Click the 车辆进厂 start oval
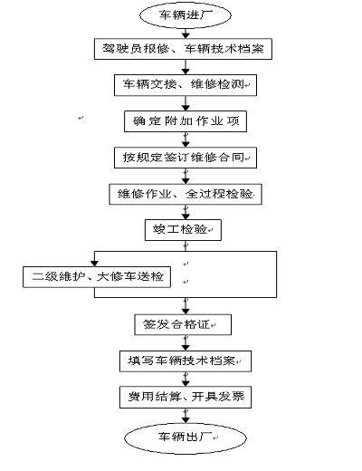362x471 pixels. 185,15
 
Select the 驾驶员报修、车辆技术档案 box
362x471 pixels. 185,49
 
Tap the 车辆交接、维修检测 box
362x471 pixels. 185,85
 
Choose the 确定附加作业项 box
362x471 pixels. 185,120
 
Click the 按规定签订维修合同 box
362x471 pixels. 185,157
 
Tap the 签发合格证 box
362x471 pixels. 185,323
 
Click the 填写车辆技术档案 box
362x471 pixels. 185,360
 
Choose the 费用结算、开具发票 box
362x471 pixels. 185,396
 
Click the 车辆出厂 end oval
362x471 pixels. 185,437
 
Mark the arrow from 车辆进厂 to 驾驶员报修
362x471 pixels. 185,33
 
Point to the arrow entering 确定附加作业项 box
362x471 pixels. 185,103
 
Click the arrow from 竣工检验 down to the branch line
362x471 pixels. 185,245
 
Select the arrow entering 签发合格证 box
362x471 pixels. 185,304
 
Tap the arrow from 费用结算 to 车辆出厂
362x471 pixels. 185,415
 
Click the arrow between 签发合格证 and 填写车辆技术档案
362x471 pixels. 185,341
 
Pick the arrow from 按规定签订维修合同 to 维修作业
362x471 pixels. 185,175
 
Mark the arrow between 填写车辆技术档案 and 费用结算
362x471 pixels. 185,378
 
